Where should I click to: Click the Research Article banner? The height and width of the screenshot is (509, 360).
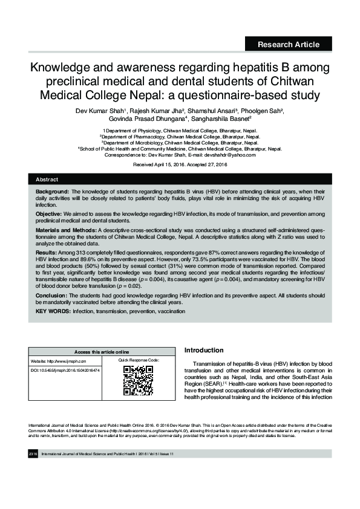[289, 44]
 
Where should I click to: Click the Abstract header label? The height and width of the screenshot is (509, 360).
[47, 180]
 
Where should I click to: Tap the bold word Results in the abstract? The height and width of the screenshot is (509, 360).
[46, 251]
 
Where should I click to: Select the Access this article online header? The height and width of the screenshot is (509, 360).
[102, 352]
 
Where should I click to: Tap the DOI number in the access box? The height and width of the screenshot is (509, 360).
[65, 369]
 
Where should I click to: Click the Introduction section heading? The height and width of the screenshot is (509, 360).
[204, 350]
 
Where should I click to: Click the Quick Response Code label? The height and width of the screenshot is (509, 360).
[139, 360]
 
